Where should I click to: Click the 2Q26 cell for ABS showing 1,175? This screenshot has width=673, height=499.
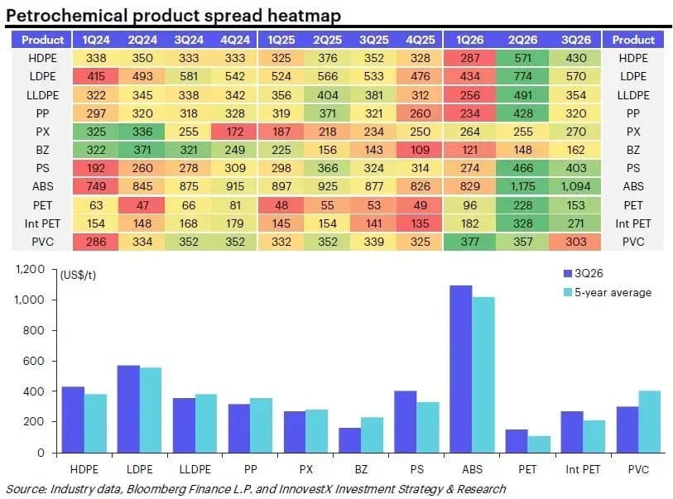[x=522, y=187]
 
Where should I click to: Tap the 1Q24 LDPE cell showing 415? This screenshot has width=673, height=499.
[x=95, y=76]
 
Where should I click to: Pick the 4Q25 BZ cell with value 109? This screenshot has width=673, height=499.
[x=420, y=150]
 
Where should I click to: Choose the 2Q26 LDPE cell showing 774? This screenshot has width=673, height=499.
[x=522, y=76]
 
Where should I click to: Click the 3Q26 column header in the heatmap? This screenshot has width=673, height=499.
[x=575, y=40]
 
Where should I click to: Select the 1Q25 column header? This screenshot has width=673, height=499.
[x=281, y=40]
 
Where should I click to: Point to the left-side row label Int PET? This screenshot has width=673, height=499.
[x=42, y=223]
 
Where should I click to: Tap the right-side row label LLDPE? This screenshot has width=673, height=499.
[x=633, y=95]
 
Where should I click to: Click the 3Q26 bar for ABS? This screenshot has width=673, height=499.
[x=461, y=369]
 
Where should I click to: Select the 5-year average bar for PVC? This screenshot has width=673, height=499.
[x=649, y=422]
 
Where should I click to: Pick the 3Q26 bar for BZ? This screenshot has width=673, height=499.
[x=350, y=440]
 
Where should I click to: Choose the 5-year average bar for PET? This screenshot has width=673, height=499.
[x=539, y=444]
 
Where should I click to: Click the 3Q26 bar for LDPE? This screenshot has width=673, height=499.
[x=128, y=410]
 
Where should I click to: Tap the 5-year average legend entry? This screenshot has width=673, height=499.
[x=608, y=293]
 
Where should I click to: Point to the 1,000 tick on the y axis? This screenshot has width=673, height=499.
[x=29, y=300]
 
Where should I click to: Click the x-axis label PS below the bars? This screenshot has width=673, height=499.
[x=416, y=469]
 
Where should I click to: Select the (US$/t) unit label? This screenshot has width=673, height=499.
[x=78, y=275]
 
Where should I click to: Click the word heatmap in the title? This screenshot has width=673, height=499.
[x=304, y=16]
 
